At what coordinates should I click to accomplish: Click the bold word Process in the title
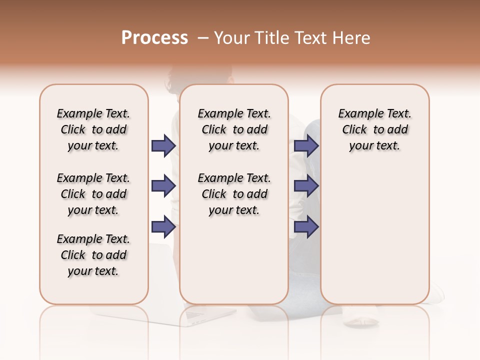(154, 37)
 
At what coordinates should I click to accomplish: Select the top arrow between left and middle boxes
(163, 146)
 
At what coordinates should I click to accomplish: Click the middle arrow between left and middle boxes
(163, 186)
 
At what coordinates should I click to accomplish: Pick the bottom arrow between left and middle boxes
(163, 226)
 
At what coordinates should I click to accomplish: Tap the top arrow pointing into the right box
(306, 146)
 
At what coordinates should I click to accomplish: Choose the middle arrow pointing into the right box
(306, 186)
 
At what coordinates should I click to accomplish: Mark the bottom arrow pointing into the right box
(306, 226)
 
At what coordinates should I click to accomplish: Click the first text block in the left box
(93, 129)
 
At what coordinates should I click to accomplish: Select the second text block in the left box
(93, 194)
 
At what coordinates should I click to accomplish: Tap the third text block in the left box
(93, 255)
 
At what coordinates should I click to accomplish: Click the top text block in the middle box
(234, 129)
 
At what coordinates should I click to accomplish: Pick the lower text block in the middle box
(234, 194)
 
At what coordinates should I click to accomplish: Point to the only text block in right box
(375, 129)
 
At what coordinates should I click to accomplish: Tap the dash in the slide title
(202, 37)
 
